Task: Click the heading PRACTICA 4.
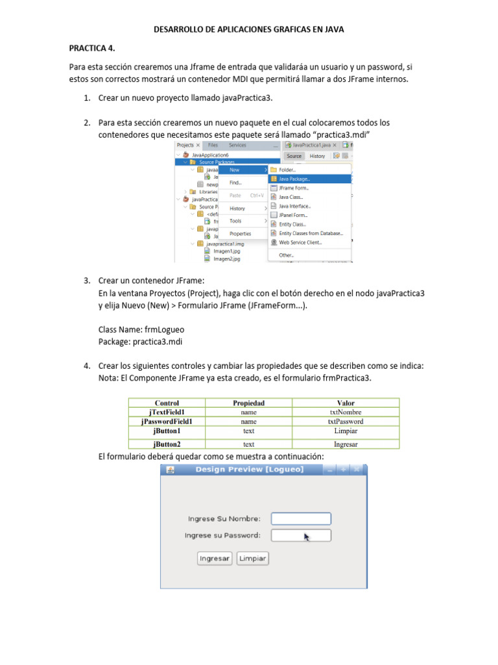tap(92, 48)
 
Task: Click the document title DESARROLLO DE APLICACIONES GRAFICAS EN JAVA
tap(248, 29)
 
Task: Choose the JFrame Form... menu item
tap(293, 188)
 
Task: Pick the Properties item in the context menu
tap(240, 234)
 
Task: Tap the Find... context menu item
tap(235, 183)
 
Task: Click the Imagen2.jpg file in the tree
tap(226, 258)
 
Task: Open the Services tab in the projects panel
tap(237, 145)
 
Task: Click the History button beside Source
tap(317, 156)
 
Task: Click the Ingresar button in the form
tap(215, 558)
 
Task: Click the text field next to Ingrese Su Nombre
tap(301, 519)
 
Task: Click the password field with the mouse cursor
tap(301, 535)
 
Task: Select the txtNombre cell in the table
tap(346, 412)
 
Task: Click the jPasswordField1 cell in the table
tap(167, 421)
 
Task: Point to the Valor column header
tap(346, 403)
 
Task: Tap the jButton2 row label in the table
tap(167, 444)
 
